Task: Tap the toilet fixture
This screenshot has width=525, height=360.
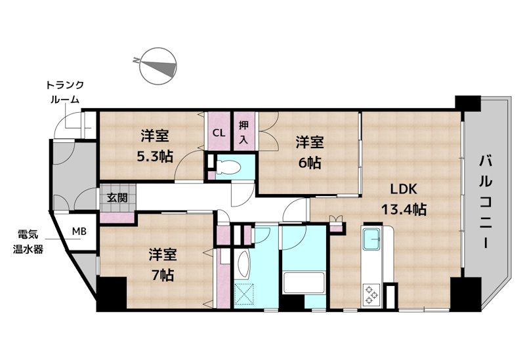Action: (227, 167)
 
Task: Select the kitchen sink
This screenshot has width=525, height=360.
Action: (371, 239)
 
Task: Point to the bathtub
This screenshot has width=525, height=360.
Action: (303, 283)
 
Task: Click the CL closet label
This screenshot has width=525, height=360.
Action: (219, 133)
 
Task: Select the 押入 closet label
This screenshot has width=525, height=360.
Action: (243, 132)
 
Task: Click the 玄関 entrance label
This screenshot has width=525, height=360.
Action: (117, 197)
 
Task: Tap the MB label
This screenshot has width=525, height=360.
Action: (79, 231)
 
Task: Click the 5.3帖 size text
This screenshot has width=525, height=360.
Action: (155, 156)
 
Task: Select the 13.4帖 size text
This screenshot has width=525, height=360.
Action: (404, 210)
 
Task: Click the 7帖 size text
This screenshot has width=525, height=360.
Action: (163, 275)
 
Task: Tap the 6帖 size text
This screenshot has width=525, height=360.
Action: (310, 163)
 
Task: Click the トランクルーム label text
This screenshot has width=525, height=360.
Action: (64, 92)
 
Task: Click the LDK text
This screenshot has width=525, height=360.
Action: (404, 190)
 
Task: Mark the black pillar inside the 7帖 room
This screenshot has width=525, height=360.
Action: (112, 293)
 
